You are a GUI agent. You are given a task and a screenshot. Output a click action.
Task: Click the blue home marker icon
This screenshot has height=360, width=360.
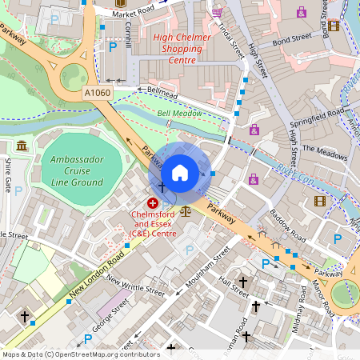pos(180,171)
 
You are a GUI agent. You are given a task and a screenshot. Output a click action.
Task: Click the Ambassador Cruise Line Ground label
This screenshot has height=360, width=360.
pos(77,170)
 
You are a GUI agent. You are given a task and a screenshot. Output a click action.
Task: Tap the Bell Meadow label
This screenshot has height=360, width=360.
pos(179,114)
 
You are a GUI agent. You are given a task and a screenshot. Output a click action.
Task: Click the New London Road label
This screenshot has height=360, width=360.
pos(95,276)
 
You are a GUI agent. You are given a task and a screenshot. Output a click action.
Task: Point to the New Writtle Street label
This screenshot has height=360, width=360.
pos(134,286)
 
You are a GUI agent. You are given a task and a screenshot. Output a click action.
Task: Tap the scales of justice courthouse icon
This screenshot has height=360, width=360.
pos(186,212)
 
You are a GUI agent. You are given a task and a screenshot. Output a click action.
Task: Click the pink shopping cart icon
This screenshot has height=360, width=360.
pos(217,13)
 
